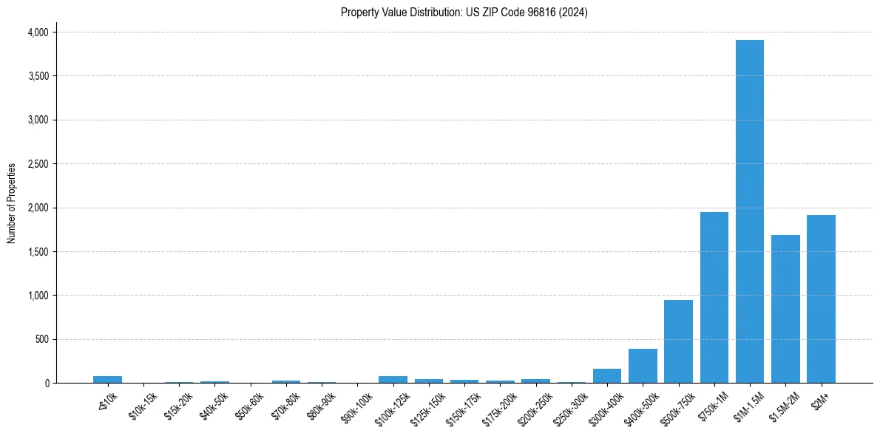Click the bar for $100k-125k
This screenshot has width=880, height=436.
point(393,379)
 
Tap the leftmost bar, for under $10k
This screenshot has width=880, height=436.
point(107,379)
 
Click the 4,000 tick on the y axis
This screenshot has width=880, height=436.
point(38,33)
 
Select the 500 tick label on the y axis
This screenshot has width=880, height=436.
point(42,339)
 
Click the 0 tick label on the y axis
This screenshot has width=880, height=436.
point(47,384)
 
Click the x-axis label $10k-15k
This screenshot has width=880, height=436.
point(143,402)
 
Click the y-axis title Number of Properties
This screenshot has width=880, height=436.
point(11,203)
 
